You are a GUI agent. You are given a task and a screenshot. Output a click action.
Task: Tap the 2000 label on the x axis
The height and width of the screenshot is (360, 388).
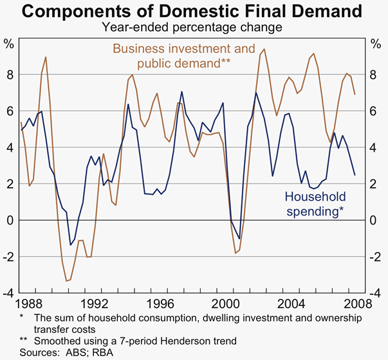227,303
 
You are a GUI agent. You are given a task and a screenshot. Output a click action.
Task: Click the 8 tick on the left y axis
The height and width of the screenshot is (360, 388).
9,75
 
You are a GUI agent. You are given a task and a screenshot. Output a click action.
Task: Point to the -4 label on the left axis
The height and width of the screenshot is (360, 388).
8,293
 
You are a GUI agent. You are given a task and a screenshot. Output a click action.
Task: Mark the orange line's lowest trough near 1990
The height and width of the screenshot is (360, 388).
66,281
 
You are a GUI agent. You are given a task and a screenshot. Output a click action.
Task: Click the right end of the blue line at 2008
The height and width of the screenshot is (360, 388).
355,175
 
